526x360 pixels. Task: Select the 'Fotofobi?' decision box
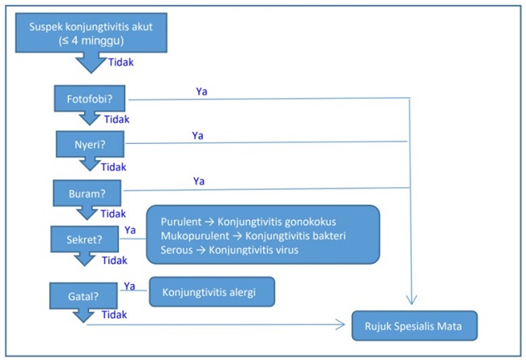coord(89,100)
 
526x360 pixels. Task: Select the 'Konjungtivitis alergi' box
coord(212,291)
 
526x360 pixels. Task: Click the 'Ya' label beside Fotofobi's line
coord(201,91)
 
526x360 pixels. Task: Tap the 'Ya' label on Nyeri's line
coord(197,135)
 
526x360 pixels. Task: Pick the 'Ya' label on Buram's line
coord(198,180)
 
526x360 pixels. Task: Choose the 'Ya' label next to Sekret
coord(131,231)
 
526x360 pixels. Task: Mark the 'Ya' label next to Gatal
coord(129,285)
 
